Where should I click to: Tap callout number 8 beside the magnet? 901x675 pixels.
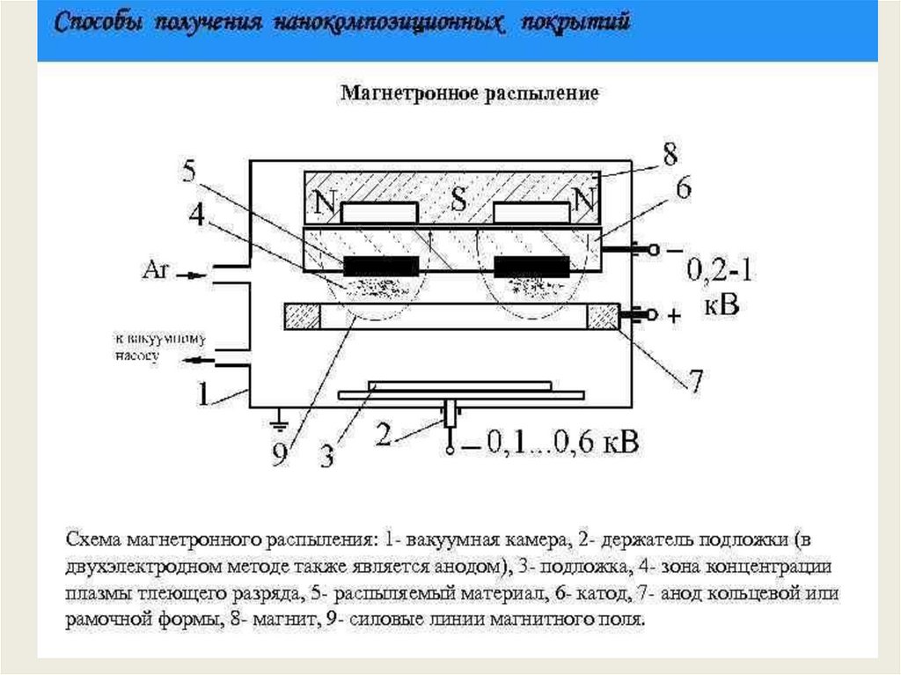click(670, 156)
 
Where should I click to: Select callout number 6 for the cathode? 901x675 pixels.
click(683, 187)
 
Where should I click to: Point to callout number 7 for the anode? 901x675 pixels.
click(695, 382)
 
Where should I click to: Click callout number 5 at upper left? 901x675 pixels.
click(190, 172)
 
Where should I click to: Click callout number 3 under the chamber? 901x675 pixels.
click(326, 454)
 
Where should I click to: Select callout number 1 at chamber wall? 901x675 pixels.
click(203, 393)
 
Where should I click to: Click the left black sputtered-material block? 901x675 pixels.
click(381, 265)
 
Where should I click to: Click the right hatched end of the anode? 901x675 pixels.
click(604, 316)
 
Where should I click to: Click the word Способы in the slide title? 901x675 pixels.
click(99, 24)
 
